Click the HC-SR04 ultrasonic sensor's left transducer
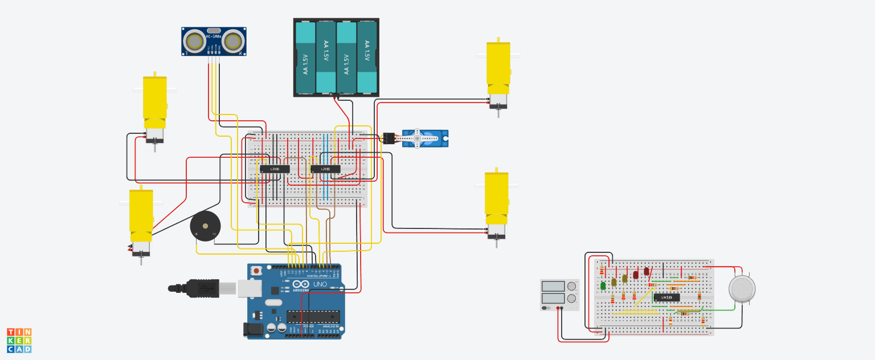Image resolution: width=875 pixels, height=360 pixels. point(195,41)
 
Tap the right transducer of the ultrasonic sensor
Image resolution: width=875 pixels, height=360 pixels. point(233,41)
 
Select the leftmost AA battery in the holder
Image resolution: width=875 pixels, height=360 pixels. point(305,58)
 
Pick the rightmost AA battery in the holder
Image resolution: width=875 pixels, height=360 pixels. point(367,58)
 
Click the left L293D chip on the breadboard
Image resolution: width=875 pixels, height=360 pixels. point(275,169)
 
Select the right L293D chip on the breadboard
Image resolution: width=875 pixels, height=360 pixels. point(325,169)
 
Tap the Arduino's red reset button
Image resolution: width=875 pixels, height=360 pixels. point(257,270)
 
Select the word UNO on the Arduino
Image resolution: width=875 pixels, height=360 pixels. point(321,284)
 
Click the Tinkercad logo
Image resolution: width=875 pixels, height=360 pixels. point(19,340)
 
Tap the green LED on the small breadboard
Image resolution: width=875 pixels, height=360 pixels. point(603,285)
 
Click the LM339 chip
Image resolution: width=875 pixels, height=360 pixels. point(666,297)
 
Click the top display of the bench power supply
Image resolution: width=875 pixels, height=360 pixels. point(553,286)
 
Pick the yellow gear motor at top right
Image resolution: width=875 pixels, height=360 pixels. point(498,71)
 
